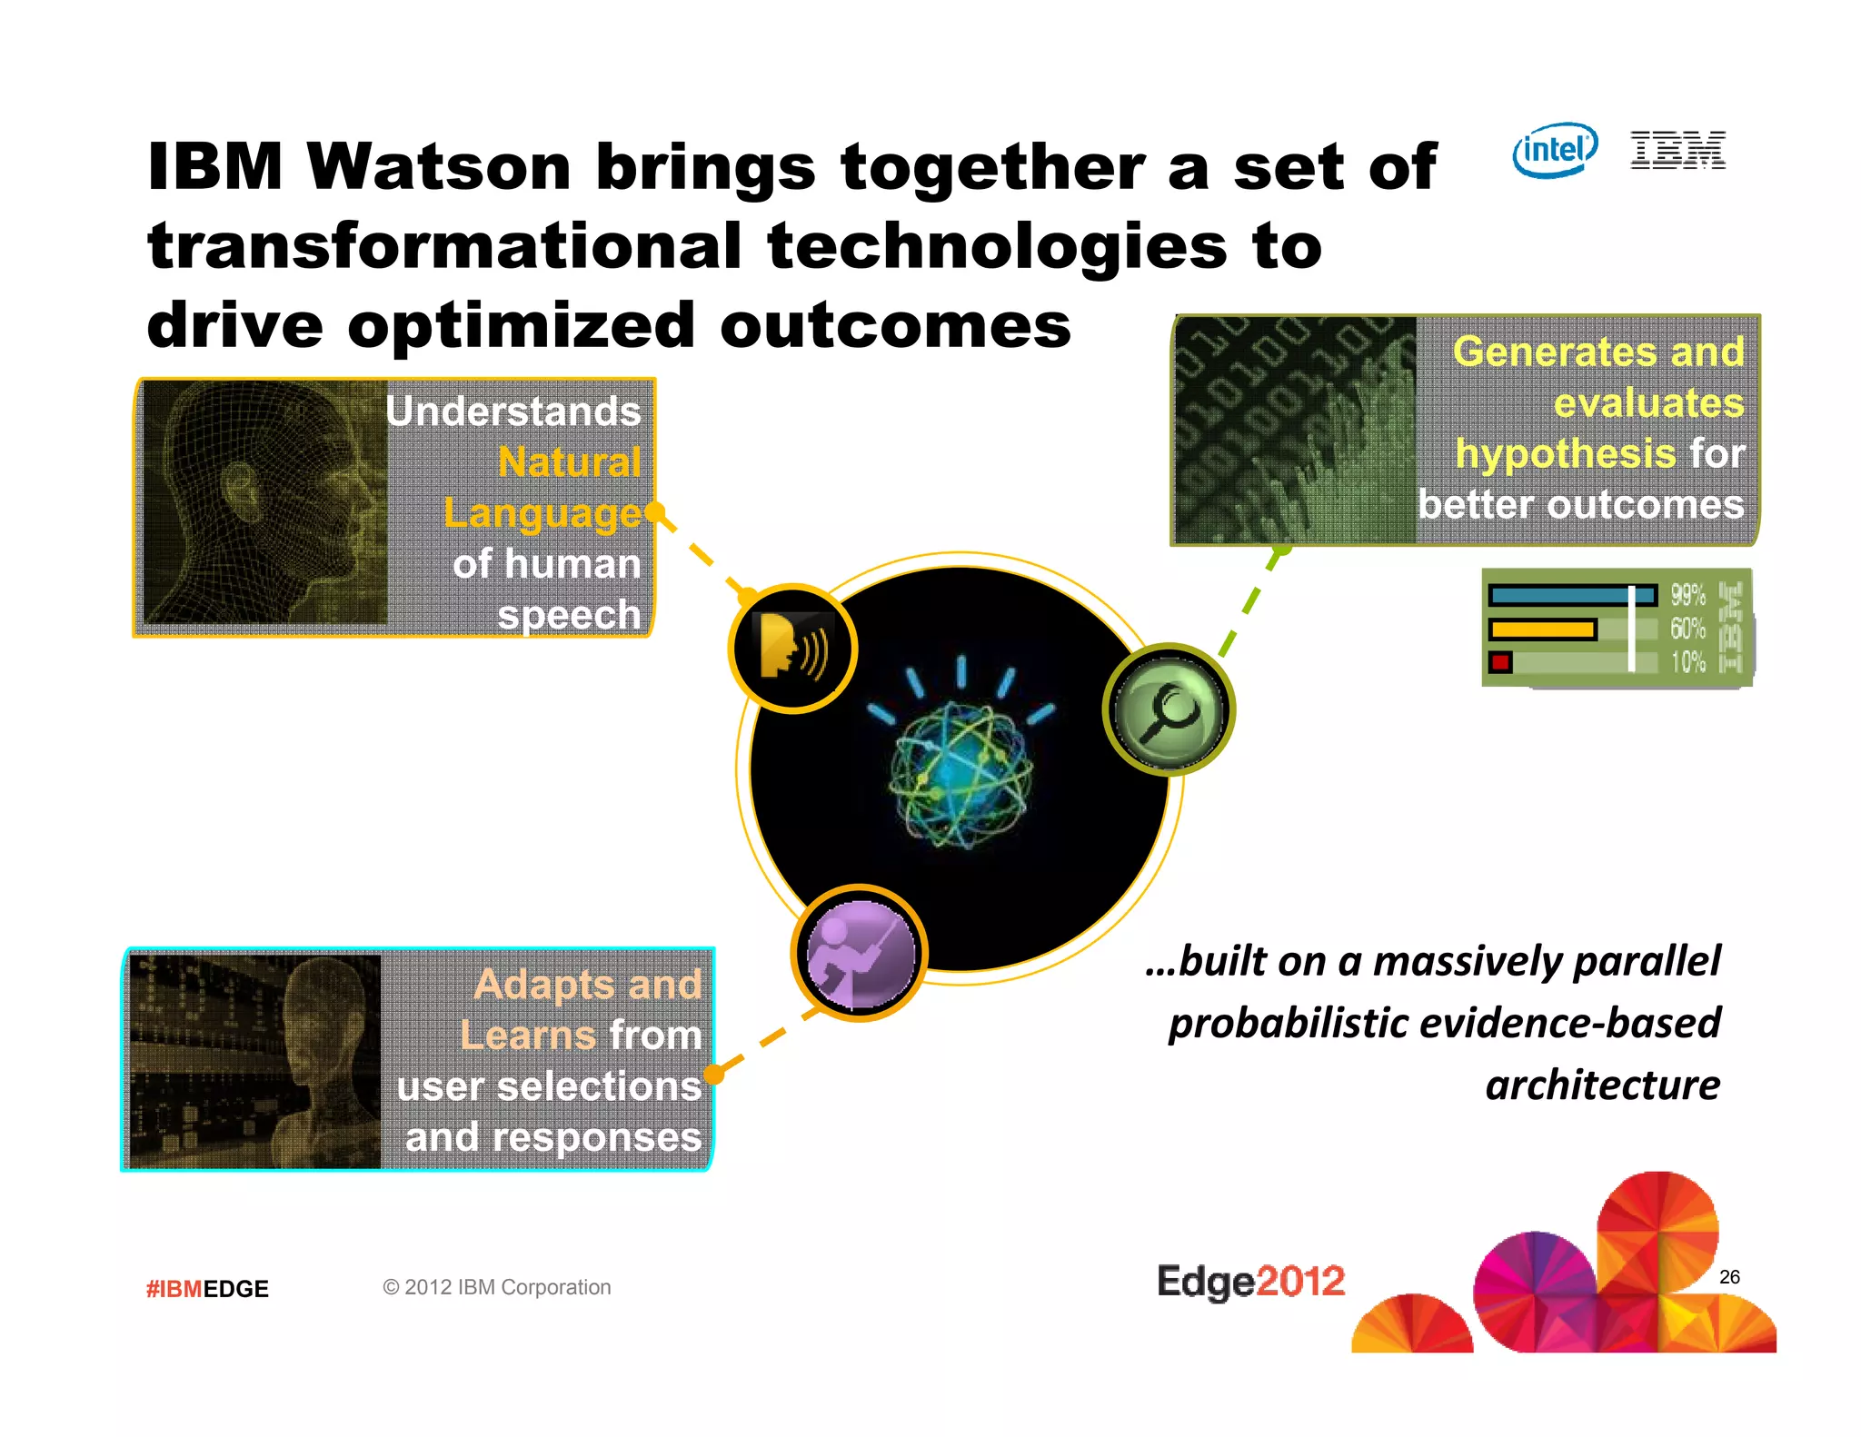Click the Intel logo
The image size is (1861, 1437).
[x=1555, y=150]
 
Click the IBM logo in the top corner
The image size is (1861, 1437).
[x=1677, y=150]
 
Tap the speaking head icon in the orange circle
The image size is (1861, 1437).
[x=792, y=648]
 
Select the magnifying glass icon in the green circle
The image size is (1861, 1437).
[x=1169, y=709]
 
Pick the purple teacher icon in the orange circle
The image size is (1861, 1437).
[x=859, y=953]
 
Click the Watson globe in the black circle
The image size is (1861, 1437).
[x=960, y=774]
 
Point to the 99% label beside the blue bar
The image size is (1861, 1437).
[x=1687, y=595]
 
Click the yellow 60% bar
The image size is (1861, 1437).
[x=1542, y=629]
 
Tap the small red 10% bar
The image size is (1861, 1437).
[x=1500, y=662]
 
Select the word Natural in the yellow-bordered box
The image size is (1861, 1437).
[x=570, y=462]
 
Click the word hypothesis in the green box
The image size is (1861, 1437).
[x=1565, y=453]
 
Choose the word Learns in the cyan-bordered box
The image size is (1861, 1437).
[x=528, y=1036]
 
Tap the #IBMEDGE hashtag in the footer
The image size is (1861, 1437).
[x=207, y=1289]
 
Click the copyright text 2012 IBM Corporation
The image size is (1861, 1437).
[x=497, y=1287]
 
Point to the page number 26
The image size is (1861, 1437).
[x=1729, y=1277]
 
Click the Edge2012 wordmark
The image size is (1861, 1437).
[x=1250, y=1282]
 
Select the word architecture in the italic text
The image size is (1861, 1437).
[x=1602, y=1085]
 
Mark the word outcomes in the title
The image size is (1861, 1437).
[x=895, y=325]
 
